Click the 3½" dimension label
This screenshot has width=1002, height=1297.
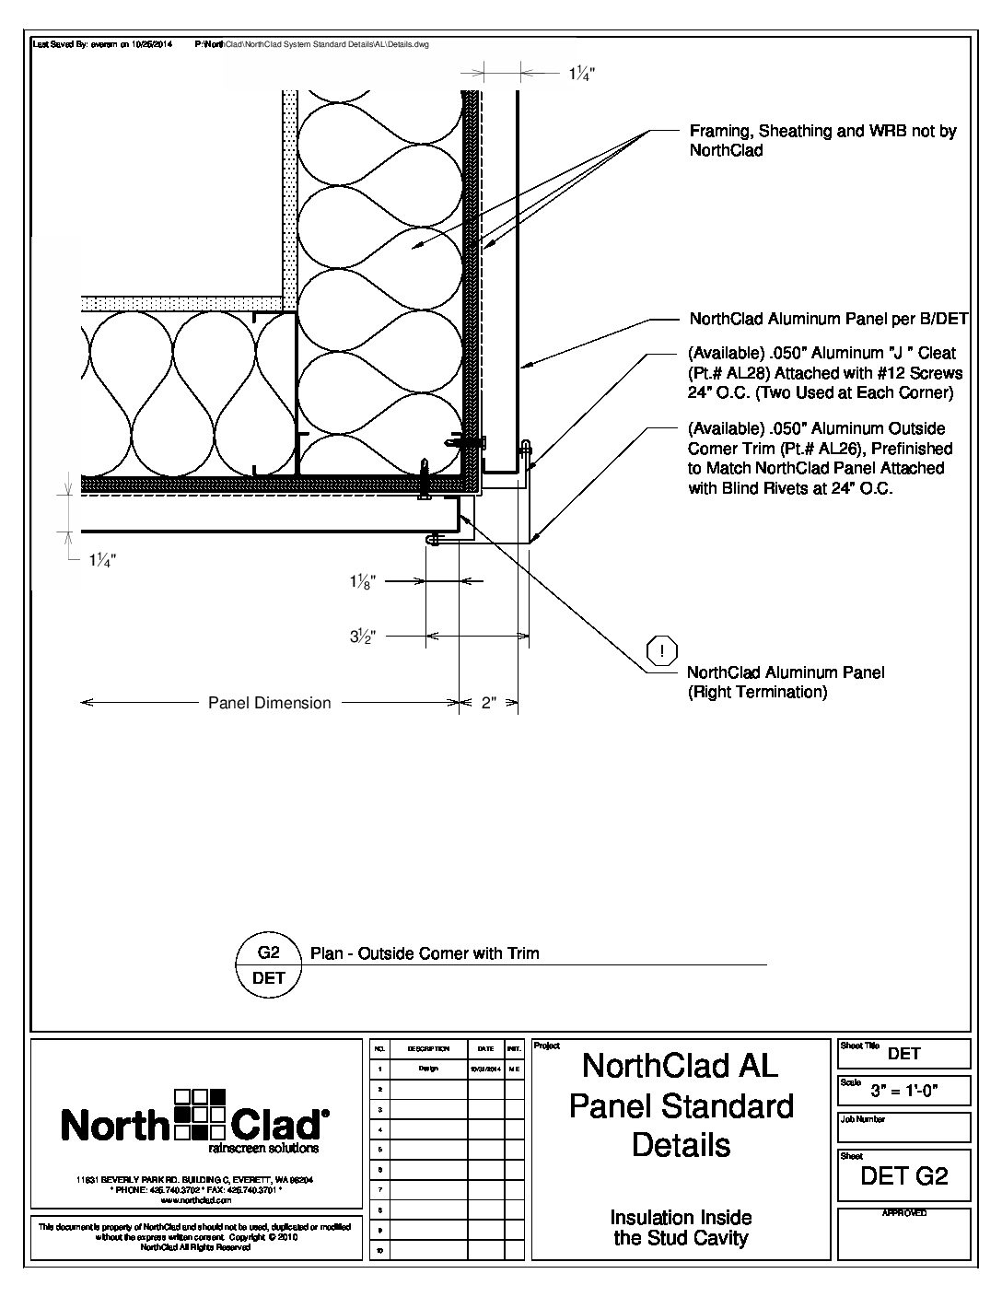pyautogui.click(x=361, y=636)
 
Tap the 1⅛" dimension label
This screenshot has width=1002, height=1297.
pyautogui.click(x=361, y=581)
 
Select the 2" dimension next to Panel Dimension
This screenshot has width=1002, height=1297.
pyautogui.click(x=489, y=703)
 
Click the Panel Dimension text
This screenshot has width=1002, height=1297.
pyautogui.click(x=269, y=703)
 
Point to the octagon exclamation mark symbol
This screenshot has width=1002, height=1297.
pyautogui.click(x=662, y=651)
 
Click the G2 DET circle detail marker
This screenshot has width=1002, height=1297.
pyautogui.click(x=268, y=964)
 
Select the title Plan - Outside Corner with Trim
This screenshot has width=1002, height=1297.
pyautogui.click(x=425, y=952)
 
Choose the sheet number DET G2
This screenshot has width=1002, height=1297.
pyautogui.click(x=903, y=1176)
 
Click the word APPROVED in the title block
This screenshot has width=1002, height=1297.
pyautogui.click(x=904, y=1213)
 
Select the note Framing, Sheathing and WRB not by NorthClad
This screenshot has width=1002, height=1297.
pyautogui.click(x=822, y=140)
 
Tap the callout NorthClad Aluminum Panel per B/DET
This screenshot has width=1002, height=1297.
pyautogui.click(x=829, y=320)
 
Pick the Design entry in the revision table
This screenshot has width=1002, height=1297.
pyautogui.click(x=427, y=1069)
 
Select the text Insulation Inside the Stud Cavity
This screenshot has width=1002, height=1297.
pyautogui.click(x=681, y=1228)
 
